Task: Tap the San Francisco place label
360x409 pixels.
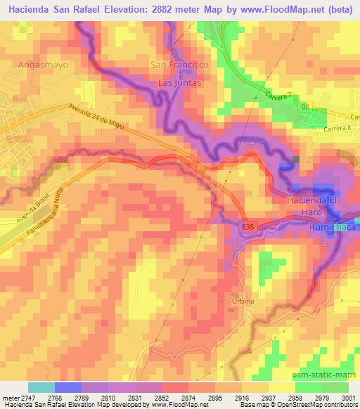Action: click(x=180, y=64)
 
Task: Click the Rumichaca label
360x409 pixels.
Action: click(x=333, y=229)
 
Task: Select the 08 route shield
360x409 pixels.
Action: click(x=304, y=107)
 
